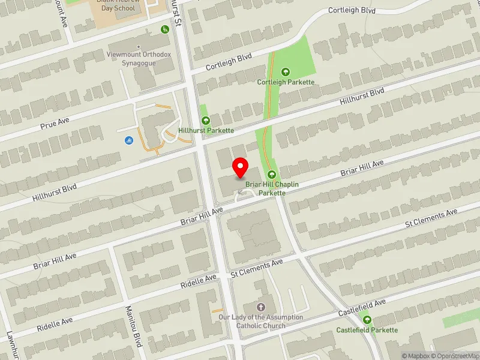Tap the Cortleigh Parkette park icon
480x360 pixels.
click(285, 72)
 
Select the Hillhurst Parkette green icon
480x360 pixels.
click(205, 121)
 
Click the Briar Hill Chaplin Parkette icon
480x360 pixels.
click(279, 175)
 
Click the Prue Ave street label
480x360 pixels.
click(55, 124)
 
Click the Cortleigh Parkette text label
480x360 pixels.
click(286, 82)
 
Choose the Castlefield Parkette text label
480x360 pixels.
click(367, 330)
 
